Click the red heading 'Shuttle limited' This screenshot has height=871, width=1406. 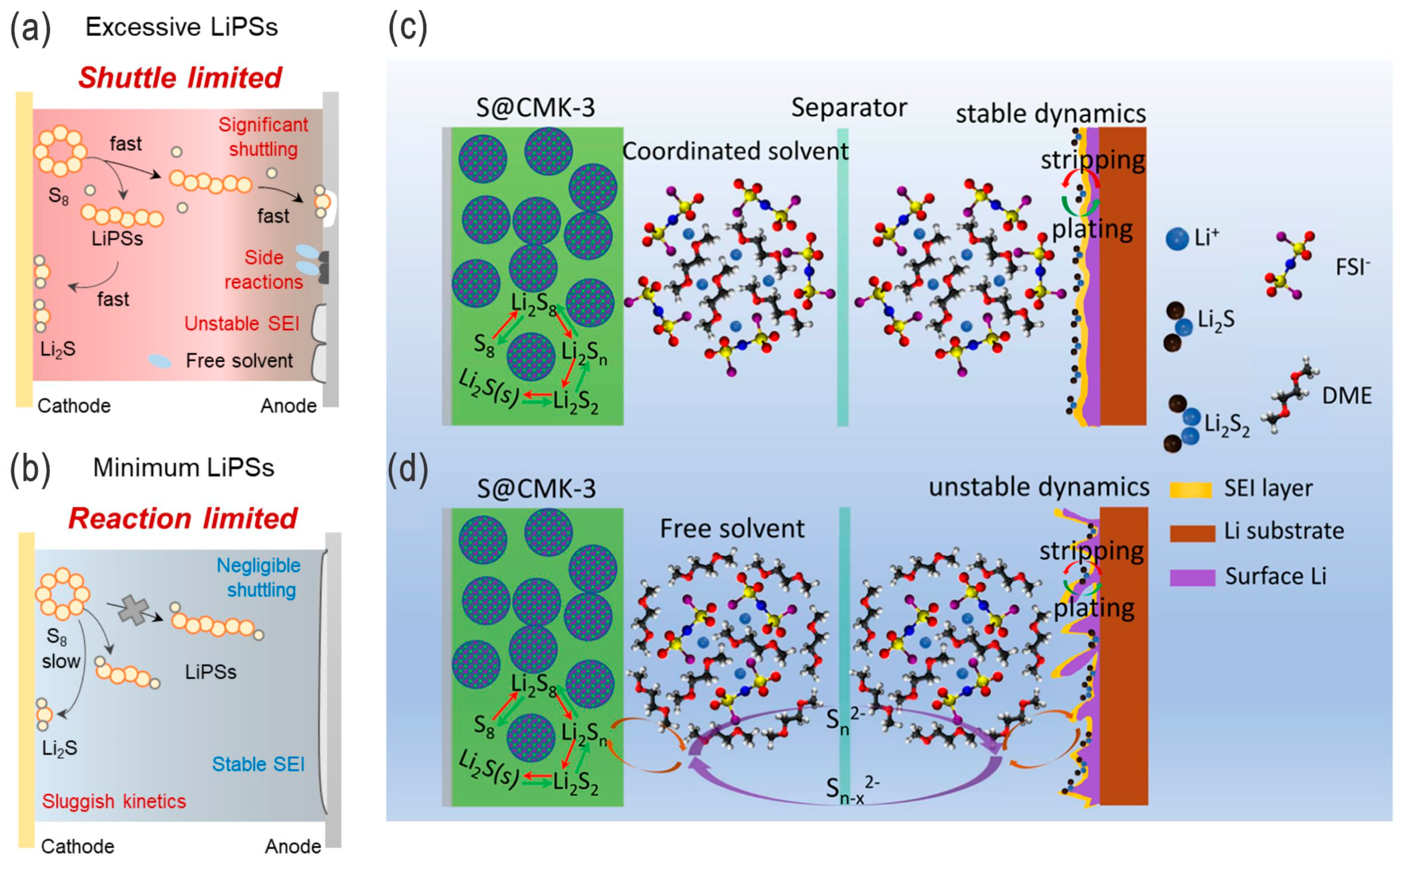point(180,78)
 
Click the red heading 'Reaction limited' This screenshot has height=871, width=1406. point(183,518)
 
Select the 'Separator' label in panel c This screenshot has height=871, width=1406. point(849,108)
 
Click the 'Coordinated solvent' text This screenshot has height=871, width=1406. point(735,152)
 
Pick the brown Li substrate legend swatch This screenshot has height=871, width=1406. point(1191,532)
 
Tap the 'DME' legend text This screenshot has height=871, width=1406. point(1346,396)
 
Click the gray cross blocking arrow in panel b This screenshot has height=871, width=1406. point(133,611)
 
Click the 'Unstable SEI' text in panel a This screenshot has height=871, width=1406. point(242,324)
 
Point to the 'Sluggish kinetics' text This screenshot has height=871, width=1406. point(113,801)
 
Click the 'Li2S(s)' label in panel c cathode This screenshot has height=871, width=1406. point(488,388)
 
